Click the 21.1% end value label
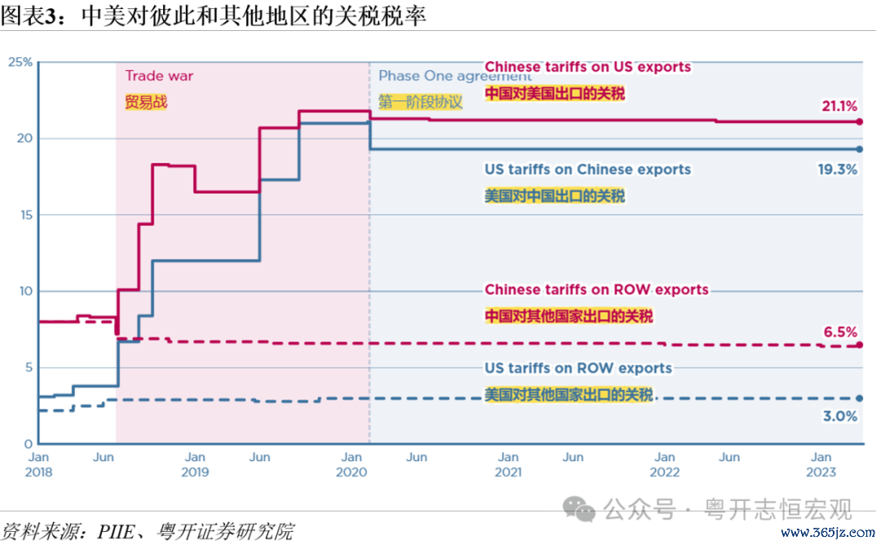[839, 106]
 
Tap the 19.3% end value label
[837, 170]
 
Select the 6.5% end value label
[840, 332]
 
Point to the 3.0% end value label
[840, 416]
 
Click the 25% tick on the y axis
[20, 62]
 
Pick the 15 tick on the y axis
[26, 215]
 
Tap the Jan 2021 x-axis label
[508, 465]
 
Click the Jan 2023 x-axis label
[821, 465]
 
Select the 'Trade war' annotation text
[159, 76]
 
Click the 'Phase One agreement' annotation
[454, 76]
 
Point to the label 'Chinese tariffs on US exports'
[587, 67]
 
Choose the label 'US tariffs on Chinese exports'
[587, 170]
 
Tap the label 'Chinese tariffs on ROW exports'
[596, 290]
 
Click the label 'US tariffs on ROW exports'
[578, 368]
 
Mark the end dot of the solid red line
[859, 122]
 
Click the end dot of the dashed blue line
[859, 398]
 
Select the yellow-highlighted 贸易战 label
[146, 102]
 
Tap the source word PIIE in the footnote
[117, 531]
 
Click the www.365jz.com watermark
[828, 532]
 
